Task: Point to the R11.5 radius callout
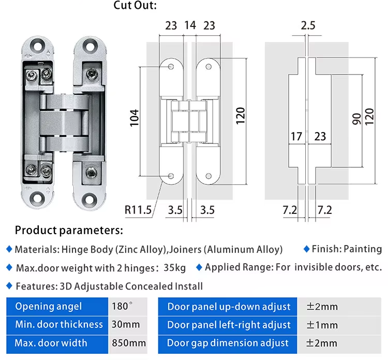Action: click(x=138, y=210)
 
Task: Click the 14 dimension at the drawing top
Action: click(x=190, y=25)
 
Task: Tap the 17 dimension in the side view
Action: click(x=296, y=136)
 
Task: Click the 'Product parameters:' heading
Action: click(x=69, y=230)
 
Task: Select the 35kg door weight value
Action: click(x=174, y=268)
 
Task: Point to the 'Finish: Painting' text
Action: click(x=346, y=249)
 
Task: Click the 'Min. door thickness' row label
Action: click(x=59, y=325)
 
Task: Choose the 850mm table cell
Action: click(x=128, y=343)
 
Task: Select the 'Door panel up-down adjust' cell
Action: click(x=229, y=307)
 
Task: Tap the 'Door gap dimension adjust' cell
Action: click(x=228, y=343)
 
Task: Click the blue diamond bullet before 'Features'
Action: click(x=9, y=285)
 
